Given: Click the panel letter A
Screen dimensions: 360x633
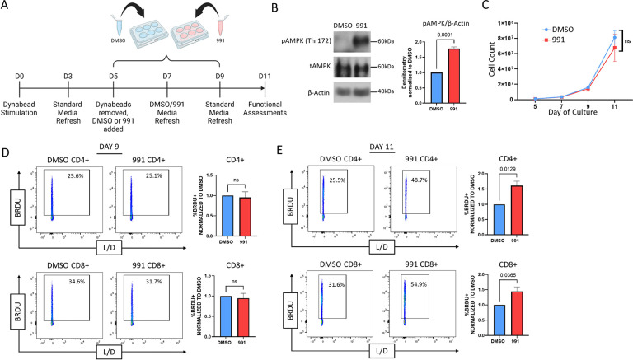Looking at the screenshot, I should [x=8, y=7].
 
